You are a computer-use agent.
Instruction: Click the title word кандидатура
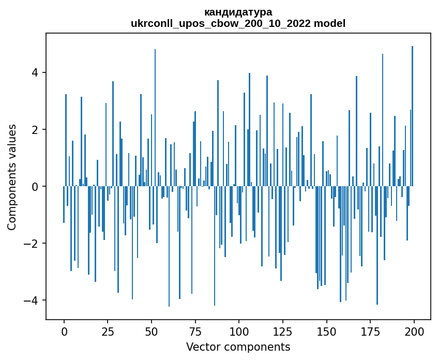pyautogui.click(x=238, y=12)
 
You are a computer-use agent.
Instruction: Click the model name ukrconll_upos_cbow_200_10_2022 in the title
pyautogui.click(x=223, y=23)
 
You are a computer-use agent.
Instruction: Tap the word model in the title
pyautogui.click(x=331, y=23)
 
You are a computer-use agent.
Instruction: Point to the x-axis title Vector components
pyautogui.click(x=238, y=347)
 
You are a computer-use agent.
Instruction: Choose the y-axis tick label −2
pyautogui.click(x=33, y=243)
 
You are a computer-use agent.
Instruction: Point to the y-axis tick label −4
pyautogui.click(x=33, y=300)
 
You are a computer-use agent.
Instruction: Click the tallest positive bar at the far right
pyautogui.click(x=412, y=116)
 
